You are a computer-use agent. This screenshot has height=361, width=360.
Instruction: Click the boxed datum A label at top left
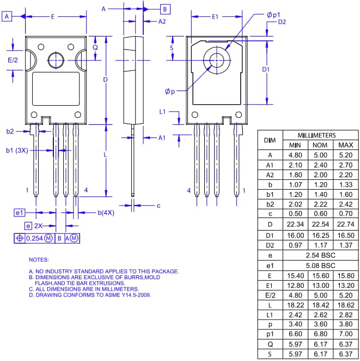coord(8,17)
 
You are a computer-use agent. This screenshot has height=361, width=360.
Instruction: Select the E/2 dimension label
coord(13,60)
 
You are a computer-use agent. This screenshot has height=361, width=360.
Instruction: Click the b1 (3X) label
coord(17,149)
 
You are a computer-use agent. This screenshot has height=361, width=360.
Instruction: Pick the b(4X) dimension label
coord(106,212)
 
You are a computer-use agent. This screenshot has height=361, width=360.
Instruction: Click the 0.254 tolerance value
coord(34,238)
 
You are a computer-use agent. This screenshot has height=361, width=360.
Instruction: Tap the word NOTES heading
coord(39,260)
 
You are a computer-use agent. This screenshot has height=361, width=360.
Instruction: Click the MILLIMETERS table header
coord(317,135)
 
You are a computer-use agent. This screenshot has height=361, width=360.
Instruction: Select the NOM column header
coord(319,145)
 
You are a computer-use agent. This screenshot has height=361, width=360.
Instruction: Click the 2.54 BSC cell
coord(320,255)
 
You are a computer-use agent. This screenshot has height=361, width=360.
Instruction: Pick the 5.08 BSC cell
coord(320,266)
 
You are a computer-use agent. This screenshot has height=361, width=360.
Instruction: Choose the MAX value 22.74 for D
coord(346,225)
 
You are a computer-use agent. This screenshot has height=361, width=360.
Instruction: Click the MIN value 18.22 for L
coord(295,306)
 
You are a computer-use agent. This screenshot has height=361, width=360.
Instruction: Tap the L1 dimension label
coord(162,111)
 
